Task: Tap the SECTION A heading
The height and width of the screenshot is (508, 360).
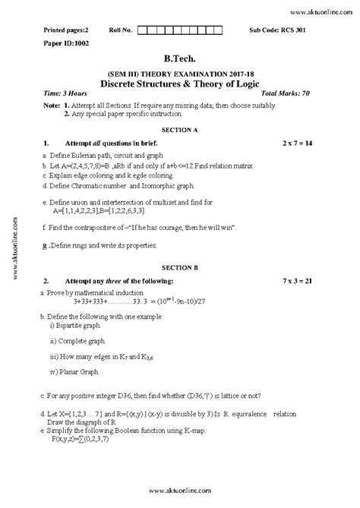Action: pyautogui.click(x=180, y=130)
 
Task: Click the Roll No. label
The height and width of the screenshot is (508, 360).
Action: pyautogui.click(x=121, y=30)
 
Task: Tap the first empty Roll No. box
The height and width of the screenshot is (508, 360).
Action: pyautogui.click(x=144, y=30)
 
